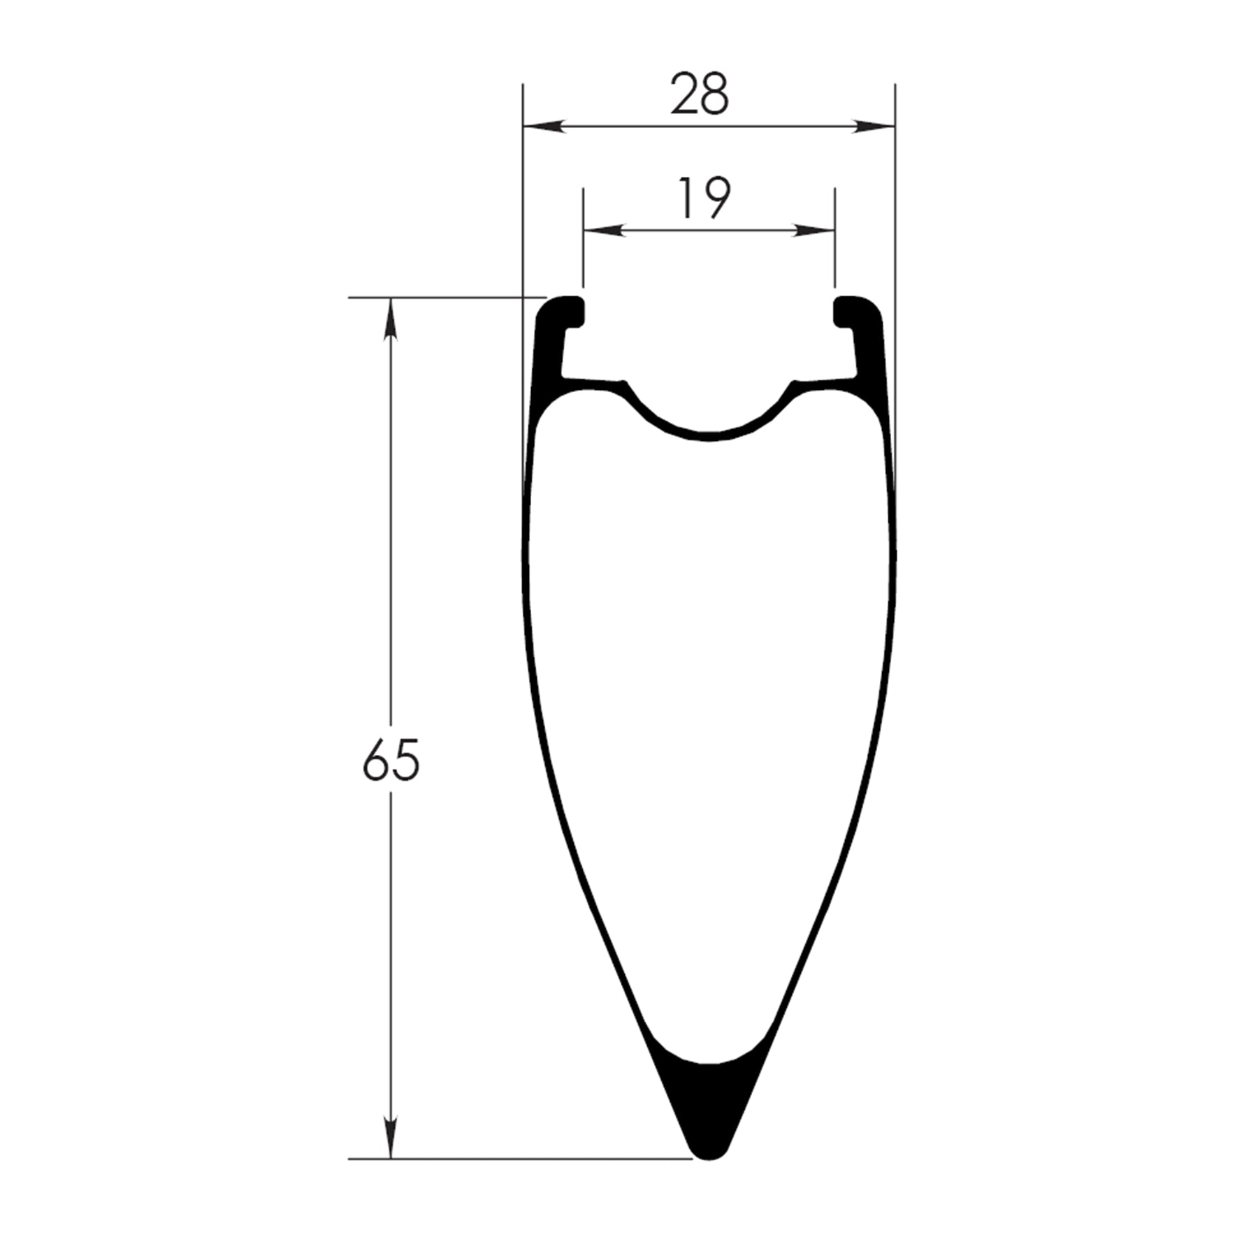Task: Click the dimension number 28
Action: point(700,94)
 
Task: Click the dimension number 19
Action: point(704,198)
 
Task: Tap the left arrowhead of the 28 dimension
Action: point(544,126)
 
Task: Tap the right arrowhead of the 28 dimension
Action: point(874,126)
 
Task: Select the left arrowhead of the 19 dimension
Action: point(604,230)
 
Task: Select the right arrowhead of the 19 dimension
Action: point(814,230)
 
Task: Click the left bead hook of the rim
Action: point(567,309)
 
